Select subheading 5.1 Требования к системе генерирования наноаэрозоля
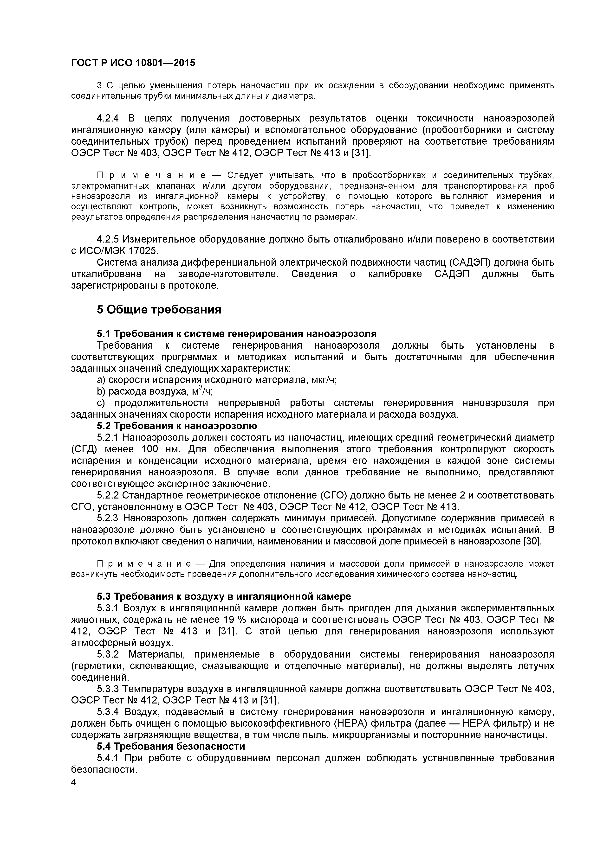click(x=237, y=334)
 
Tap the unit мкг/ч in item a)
click(x=324, y=380)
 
